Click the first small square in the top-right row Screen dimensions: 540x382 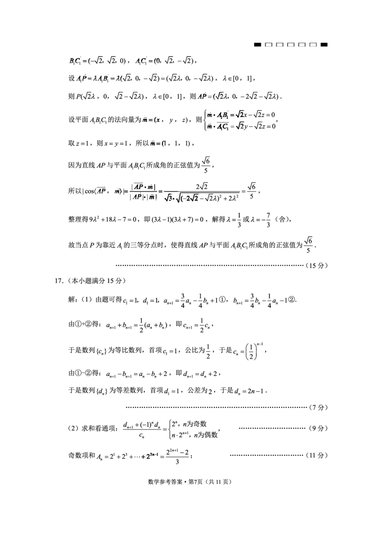[x=268, y=45]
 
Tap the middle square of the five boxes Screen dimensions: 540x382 [x=291, y=45]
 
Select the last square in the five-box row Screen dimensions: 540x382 [x=313, y=45]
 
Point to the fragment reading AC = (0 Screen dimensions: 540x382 [x=149, y=60]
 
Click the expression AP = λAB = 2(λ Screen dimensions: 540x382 [x=99, y=77]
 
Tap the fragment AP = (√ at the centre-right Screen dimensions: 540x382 [x=210, y=95]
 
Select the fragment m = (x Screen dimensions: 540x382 [x=153, y=119]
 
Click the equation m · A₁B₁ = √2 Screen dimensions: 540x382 [x=226, y=114]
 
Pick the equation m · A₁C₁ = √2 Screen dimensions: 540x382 [x=226, y=126]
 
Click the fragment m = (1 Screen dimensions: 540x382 [x=159, y=143]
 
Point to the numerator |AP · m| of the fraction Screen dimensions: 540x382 [x=145, y=186]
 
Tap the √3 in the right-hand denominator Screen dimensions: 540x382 [x=168, y=199]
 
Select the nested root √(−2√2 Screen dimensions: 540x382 [x=188, y=199]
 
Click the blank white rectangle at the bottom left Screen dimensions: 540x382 [x=69, y=520]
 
